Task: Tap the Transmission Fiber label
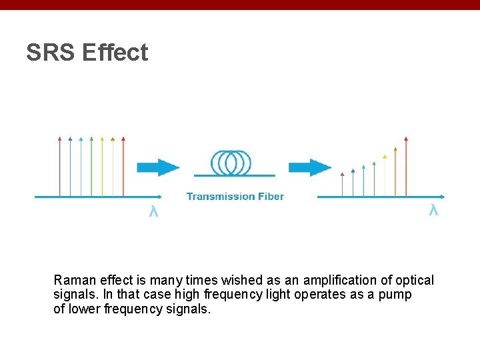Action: coord(235,196)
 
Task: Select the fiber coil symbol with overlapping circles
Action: coord(231,162)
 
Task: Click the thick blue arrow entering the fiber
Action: coord(157,167)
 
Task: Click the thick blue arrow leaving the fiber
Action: coord(309,167)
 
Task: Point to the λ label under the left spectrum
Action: coord(153,212)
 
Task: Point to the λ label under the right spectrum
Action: coord(433,211)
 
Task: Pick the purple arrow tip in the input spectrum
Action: coord(60,139)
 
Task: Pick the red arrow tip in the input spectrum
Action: coord(123,139)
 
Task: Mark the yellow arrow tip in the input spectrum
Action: coord(102,139)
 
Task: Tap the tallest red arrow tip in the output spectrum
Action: coord(406,139)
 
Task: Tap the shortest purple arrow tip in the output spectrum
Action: coord(342,174)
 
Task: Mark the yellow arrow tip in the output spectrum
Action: coord(385,156)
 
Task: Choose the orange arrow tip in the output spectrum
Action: coord(395,148)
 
